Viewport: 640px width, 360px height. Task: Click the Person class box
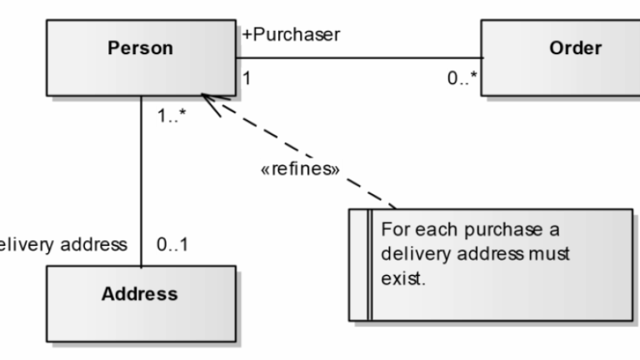(x=140, y=57)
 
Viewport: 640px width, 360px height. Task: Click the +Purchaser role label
(x=291, y=35)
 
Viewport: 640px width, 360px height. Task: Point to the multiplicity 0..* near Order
(x=461, y=78)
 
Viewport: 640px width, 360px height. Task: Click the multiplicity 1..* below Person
(x=171, y=116)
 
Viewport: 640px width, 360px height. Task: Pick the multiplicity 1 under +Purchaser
(x=247, y=78)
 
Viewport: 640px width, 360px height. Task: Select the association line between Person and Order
(x=358, y=58)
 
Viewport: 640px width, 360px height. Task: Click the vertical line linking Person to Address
(x=140, y=183)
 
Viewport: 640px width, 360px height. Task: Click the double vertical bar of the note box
(x=367, y=264)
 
